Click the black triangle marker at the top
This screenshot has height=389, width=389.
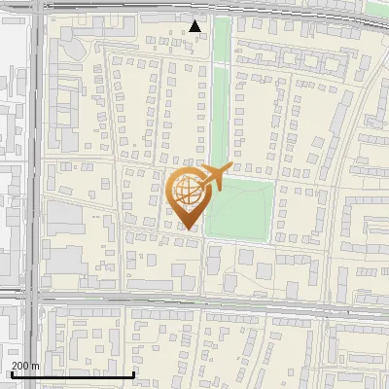coord(195,26)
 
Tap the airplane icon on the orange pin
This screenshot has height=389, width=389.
coord(214,175)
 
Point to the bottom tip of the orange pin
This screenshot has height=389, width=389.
coord(189,229)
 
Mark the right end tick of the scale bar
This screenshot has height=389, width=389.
coord(133,373)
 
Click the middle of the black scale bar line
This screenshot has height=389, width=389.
coord(71,374)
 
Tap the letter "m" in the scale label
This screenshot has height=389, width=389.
coord(35,366)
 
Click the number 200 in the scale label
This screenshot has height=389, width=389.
coord(20,366)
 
